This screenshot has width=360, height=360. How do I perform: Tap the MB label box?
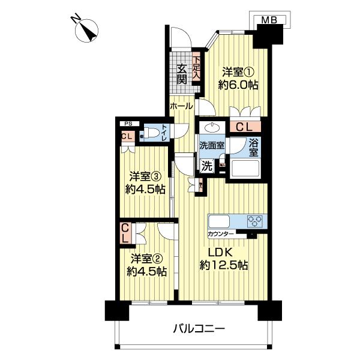[271, 22]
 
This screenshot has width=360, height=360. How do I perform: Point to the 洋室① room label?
[238, 77]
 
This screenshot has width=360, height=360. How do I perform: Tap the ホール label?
[181, 106]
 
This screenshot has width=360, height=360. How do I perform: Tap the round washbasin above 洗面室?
[212, 128]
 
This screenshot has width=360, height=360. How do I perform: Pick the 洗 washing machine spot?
[206, 166]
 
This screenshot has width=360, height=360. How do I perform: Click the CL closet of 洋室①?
[244, 127]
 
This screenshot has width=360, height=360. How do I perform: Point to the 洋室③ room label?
[145, 183]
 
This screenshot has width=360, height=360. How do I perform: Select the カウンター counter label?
[221, 233]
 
